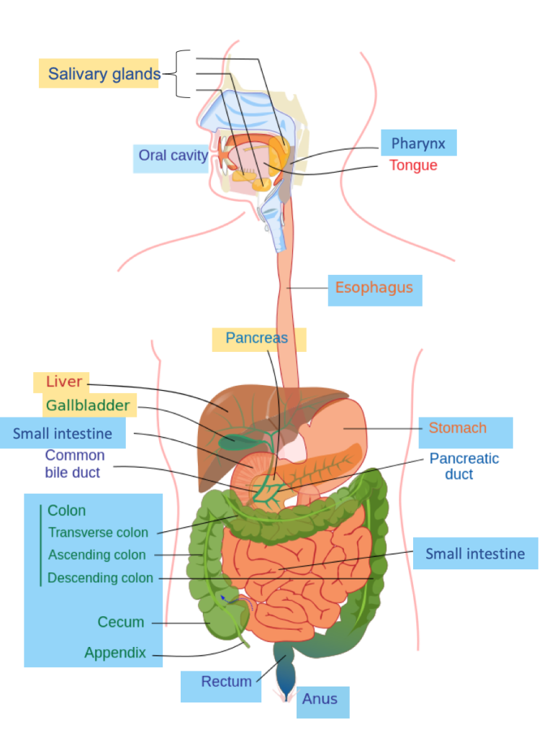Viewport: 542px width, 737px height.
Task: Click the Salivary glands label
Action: tap(104, 73)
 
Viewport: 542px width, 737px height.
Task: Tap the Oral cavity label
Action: tap(173, 155)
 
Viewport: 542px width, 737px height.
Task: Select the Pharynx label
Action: tap(418, 143)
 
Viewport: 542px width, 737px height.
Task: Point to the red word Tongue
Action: tap(413, 166)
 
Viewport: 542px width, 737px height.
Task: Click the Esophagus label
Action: tap(374, 288)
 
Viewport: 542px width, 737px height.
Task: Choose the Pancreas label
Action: tap(256, 338)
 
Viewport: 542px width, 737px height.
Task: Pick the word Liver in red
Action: tap(63, 381)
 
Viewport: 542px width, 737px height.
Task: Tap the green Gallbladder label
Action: tap(88, 405)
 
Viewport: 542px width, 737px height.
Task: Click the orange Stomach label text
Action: tap(458, 428)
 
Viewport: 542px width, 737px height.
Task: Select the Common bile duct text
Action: tap(74, 464)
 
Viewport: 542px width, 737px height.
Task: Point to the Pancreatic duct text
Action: tap(464, 466)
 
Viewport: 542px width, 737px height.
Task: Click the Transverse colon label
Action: tap(98, 533)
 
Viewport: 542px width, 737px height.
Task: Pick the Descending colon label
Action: tap(100, 578)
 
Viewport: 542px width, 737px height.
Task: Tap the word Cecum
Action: tap(121, 622)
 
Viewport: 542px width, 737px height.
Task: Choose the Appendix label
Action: tap(115, 654)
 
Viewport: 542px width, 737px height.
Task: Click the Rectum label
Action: tap(226, 682)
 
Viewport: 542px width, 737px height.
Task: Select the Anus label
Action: tap(320, 699)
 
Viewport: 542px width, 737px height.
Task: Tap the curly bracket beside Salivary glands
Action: tap(183, 73)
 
